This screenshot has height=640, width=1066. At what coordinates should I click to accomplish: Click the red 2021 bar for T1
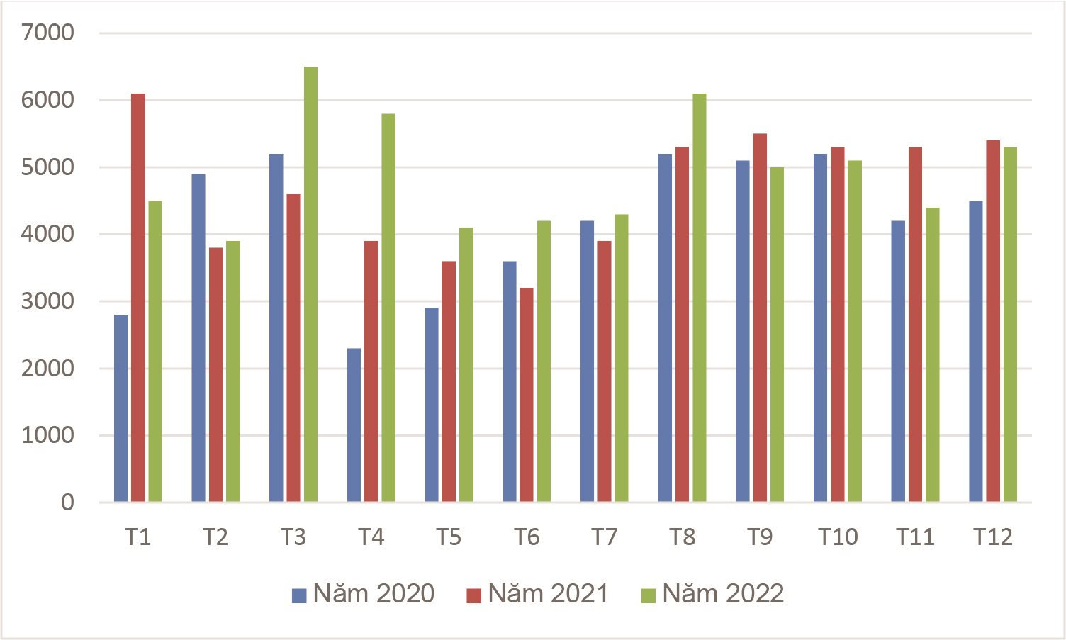point(138,298)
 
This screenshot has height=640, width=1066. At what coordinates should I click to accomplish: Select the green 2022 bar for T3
point(310,284)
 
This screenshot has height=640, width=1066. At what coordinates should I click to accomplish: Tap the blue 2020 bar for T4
point(354,425)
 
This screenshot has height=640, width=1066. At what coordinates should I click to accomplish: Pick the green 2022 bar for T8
point(700,298)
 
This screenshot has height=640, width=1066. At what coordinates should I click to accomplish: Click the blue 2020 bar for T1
point(121,408)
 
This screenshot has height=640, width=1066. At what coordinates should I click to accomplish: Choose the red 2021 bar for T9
point(760,318)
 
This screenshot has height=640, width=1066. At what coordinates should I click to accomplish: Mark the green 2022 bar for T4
point(388,308)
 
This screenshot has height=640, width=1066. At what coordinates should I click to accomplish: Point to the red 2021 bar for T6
point(527,395)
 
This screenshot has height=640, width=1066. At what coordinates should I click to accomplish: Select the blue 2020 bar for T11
point(898,361)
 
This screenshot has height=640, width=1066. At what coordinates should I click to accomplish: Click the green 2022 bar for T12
point(1010,324)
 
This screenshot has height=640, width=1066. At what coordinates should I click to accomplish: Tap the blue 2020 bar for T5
point(432,405)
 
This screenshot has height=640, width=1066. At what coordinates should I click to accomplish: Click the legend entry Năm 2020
point(363,594)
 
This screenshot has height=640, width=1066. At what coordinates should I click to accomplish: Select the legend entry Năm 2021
point(538,594)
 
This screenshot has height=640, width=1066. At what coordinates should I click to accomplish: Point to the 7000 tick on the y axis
point(47,33)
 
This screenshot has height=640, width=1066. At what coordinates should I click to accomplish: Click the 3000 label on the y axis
point(47,301)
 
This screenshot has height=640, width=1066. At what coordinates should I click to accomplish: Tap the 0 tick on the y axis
point(67,503)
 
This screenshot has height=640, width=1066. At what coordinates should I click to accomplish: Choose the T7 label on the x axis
point(605,537)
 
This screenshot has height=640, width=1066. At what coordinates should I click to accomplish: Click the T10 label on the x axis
point(838,537)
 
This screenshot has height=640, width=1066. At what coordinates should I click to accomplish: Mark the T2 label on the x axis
point(215,537)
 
